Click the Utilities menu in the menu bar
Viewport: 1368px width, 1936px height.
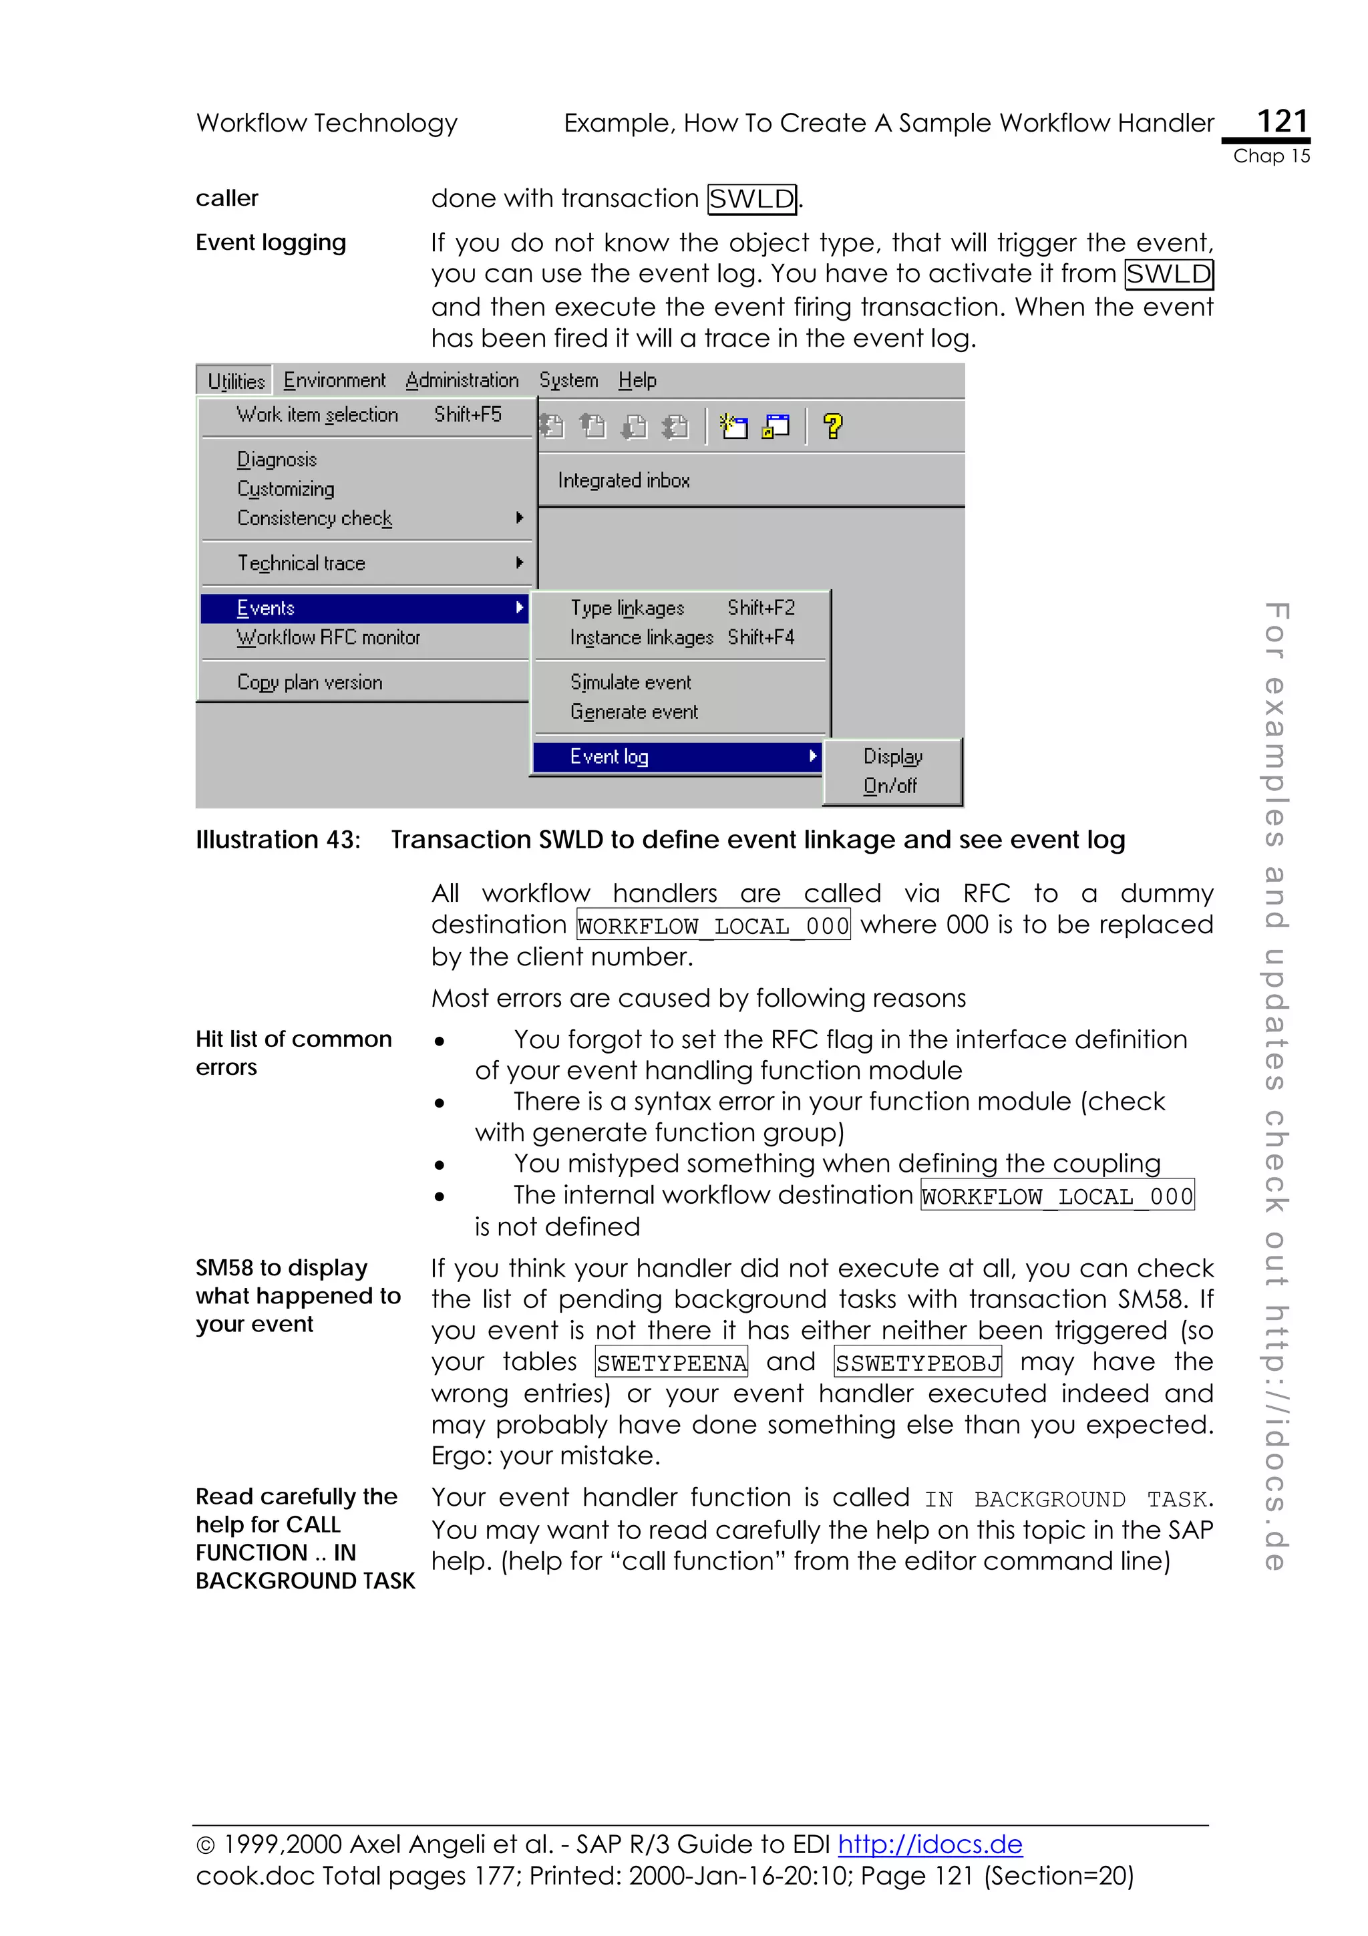pos(236,381)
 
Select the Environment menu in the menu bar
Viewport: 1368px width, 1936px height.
pos(334,380)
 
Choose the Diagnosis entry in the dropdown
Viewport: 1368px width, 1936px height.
pos(277,460)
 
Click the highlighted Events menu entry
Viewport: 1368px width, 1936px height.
pos(265,608)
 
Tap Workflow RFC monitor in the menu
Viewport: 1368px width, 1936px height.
pos(328,637)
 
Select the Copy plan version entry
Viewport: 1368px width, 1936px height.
pos(309,682)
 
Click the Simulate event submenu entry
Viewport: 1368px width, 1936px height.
pos(631,682)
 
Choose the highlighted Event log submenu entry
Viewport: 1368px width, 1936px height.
pos(609,756)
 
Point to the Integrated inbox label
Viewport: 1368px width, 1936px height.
pos(624,480)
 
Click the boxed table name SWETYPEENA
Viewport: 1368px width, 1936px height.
pos(672,1363)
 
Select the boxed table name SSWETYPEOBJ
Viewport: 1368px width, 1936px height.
pos(918,1363)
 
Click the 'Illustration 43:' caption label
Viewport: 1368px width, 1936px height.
pos(278,840)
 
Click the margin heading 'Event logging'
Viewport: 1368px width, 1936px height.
pos(271,243)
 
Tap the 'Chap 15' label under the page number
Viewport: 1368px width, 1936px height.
pos(1271,156)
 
